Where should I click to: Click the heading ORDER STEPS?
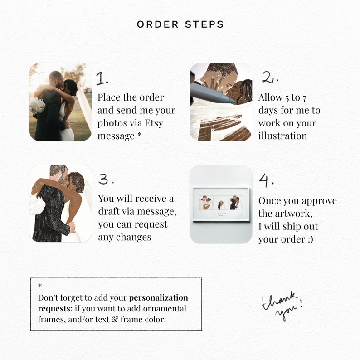click(x=180, y=24)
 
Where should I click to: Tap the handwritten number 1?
click(x=102, y=79)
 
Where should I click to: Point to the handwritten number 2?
click(x=270, y=78)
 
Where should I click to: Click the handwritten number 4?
click(x=266, y=180)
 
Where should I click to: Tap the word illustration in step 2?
click(x=282, y=136)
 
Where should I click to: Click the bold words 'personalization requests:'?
click(x=113, y=303)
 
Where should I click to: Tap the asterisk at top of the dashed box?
click(x=40, y=286)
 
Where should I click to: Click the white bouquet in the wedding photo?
click(x=37, y=106)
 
